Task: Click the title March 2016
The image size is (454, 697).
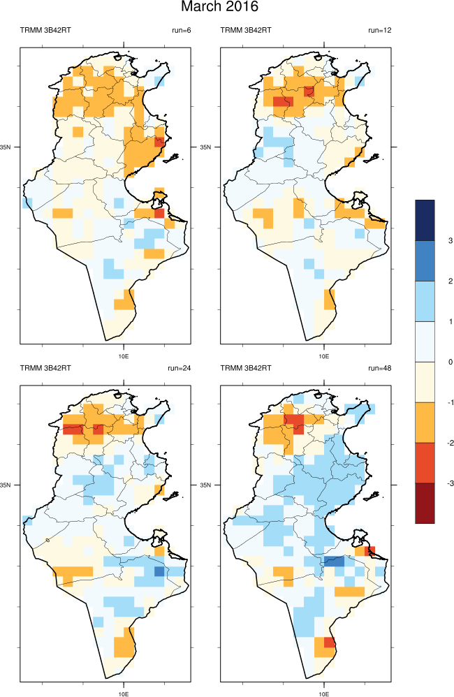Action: pyautogui.click(x=220, y=8)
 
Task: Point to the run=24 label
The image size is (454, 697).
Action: pyautogui.click(x=180, y=368)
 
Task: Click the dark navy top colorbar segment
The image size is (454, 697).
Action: pyautogui.click(x=425, y=220)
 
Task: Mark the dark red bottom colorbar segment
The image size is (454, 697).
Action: pyautogui.click(x=425, y=503)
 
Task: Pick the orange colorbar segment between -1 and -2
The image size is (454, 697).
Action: pyautogui.click(x=425, y=423)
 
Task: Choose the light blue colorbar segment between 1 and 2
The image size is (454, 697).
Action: pyautogui.click(x=425, y=301)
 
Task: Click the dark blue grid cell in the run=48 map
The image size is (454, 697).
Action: pyautogui.click(x=334, y=561)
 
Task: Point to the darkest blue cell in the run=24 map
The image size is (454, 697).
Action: pyautogui.click(x=159, y=571)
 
